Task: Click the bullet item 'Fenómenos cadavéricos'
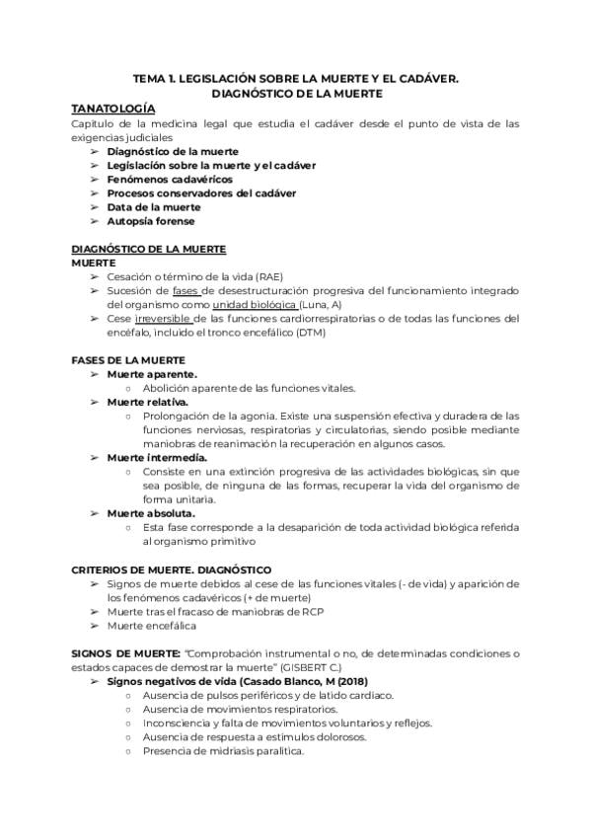coord(170,180)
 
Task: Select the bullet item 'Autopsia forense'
coord(151,221)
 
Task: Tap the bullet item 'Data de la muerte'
coord(154,207)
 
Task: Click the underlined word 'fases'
coord(185,292)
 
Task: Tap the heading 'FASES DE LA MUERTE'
coord(128,360)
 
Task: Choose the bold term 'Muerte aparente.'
coord(152,374)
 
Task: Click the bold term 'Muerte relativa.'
coord(148,402)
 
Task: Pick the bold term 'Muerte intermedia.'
coord(157,458)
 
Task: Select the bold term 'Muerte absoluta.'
coord(151,513)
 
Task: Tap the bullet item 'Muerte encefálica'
coord(152,626)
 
